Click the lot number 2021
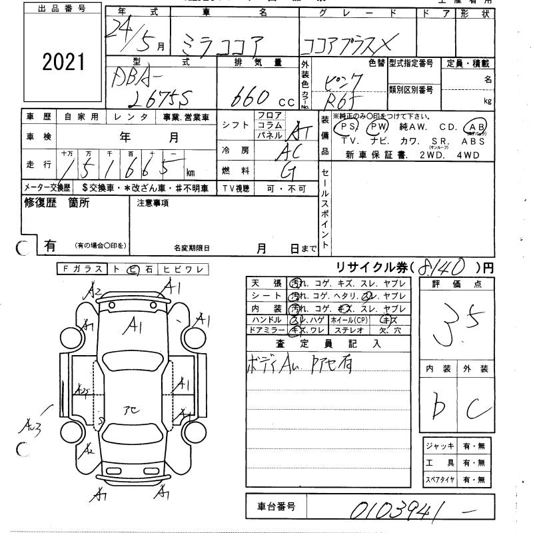(64, 62)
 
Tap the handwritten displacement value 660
(252, 98)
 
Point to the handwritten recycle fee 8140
(442, 267)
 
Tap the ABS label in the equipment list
(473, 141)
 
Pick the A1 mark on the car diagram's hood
(137, 325)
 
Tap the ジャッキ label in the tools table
(438, 446)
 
